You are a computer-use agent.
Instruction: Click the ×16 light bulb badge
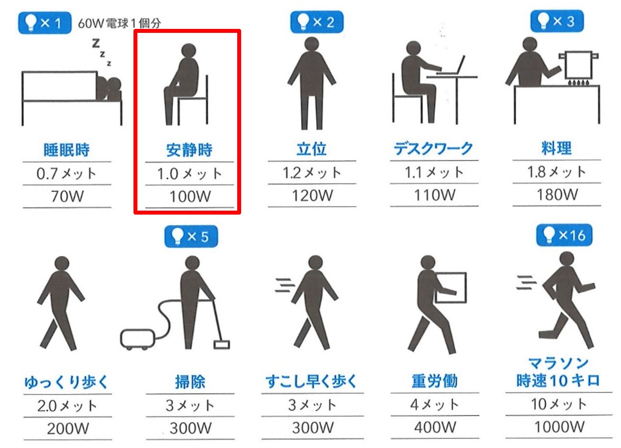pos(564,235)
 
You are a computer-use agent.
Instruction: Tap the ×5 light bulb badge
pos(191,236)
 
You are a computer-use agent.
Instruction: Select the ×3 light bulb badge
pos(557,21)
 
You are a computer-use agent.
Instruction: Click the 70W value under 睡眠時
pos(67,196)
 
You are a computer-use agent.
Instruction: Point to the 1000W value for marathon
pos(559,427)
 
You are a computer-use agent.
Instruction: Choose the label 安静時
pos(189,150)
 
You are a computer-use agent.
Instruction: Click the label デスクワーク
pos(434,148)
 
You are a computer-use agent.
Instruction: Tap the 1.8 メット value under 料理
pos(557,172)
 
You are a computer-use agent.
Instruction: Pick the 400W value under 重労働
pos(435,427)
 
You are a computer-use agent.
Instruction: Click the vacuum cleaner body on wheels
pos(137,339)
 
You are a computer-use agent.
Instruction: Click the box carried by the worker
pos(451,288)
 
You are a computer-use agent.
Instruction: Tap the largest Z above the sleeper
pos(96,43)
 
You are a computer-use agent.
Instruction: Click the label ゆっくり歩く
pos(66,382)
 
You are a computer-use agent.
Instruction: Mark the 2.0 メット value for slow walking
pos(67,406)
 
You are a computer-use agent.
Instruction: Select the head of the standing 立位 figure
pos(312,44)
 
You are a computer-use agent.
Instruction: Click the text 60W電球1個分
pos(119,23)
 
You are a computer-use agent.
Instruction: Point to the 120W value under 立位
pos(312,196)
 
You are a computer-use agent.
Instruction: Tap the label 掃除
pos(190,382)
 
